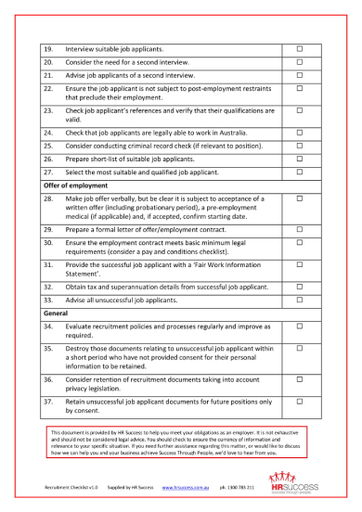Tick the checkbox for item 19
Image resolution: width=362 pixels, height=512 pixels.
click(299, 47)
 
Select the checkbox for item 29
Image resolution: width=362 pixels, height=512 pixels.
click(299, 228)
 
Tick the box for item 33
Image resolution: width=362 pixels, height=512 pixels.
click(299, 299)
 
